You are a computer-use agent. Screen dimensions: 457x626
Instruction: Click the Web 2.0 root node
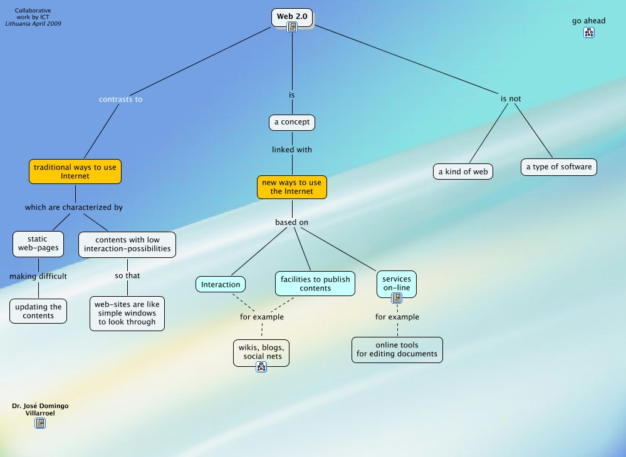[291, 16]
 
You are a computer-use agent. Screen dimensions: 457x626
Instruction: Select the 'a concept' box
[292, 122]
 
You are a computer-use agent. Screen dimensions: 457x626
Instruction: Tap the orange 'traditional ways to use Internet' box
[75, 172]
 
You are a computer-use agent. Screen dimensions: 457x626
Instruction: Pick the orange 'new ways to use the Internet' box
[292, 187]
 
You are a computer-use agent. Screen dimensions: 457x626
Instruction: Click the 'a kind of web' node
[463, 171]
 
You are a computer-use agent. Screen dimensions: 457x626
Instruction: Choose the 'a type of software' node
[558, 167]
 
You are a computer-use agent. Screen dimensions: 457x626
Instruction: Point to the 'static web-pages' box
[38, 244]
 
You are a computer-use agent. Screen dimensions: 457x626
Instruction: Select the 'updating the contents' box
[39, 311]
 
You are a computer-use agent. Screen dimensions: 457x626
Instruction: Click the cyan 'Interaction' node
[221, 284]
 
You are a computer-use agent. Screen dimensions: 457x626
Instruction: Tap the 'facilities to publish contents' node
[315, 284]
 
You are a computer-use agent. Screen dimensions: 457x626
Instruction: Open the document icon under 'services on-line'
[397, 298]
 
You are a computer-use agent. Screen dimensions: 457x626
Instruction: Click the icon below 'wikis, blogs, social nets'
[261, 367]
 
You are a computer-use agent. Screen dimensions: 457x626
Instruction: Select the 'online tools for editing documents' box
[397, 349]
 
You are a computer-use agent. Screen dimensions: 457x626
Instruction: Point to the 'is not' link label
[511, 99]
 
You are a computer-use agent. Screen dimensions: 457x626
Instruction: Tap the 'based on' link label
[292, 222]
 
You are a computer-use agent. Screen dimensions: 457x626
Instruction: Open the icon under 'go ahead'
[589, 33]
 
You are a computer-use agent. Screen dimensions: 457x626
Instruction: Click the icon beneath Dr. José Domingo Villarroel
[40, 423]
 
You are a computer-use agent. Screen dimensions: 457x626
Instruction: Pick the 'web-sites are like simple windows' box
[127, 313]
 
